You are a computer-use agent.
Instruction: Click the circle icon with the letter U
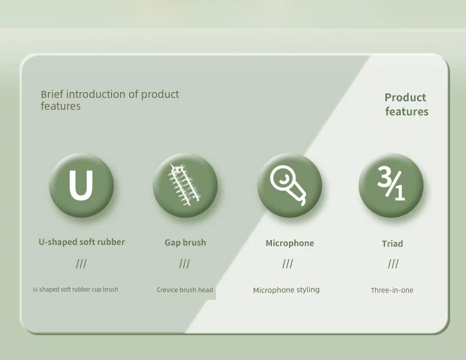click(x=81, y=185)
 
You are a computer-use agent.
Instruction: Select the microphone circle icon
click(x=290, y=185)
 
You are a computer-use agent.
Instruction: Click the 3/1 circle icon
click(x=391, y=185)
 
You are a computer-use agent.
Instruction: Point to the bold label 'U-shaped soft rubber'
click(x=82, y=242)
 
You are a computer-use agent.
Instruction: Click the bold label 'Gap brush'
click(x=185, y=243)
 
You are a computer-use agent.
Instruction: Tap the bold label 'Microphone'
click(x=290, y=243)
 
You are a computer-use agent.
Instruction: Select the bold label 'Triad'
click(x=392, y=244)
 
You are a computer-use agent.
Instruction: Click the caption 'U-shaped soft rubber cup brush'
click(x=76, y=290)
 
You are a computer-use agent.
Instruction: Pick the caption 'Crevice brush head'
click(x=185, y=290)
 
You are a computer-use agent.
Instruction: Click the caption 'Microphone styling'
click(x=286, y=290)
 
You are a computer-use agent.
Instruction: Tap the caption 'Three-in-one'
click(x=392, y=290)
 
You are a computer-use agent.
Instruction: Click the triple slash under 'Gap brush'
click(x=185, y=264)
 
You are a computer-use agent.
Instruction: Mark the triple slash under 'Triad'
click(x=393, y=264)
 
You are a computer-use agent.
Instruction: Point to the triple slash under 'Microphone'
click(x=288, y=264)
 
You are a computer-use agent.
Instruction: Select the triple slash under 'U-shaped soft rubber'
click(x=81, y=264)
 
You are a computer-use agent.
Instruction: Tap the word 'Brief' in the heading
click(x=52, y=94)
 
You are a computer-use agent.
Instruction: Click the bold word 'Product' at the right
click(x=405, y=97)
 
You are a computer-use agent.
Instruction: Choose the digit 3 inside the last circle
click(x=385, y=176)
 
